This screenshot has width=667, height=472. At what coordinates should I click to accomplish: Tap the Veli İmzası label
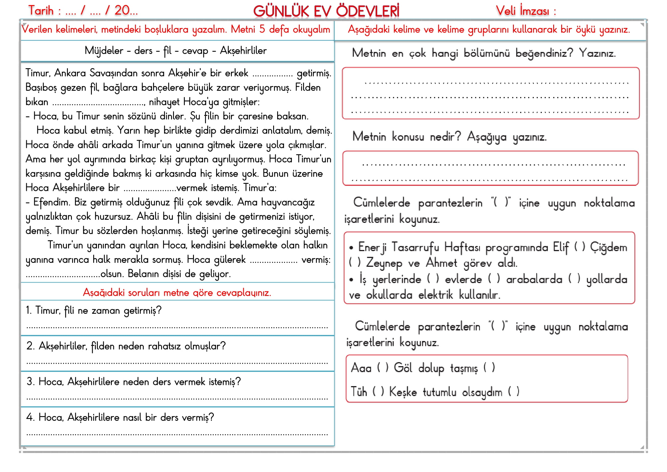[x=526, y=11]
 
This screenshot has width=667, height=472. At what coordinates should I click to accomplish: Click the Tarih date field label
[x=83, y=11]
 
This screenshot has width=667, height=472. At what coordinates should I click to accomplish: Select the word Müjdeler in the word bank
[x=104, y=51]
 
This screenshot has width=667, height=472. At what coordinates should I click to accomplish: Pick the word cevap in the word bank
[x=195, y=51]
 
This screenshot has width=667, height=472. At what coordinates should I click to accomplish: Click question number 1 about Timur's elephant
[x=94, y=311]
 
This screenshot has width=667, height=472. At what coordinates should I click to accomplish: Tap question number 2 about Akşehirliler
[x=126, y=346]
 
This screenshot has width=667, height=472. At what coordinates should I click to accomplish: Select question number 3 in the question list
[x=134, y=382]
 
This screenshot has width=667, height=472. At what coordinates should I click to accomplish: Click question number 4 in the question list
[x=120, y=418]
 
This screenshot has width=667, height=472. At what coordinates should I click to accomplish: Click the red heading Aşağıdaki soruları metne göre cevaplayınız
[x=177, y=293]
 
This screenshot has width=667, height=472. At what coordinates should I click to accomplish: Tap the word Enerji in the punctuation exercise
[x=372, y=247]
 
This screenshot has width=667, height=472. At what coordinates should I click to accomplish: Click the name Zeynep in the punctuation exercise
[x=384, y=263]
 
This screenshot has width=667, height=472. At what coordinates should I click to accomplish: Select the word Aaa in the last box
[x=361, y=368]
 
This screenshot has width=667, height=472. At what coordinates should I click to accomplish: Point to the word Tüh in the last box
[x=359, y=392]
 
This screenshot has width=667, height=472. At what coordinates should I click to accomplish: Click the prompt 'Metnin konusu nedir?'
[x=407, y=137]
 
